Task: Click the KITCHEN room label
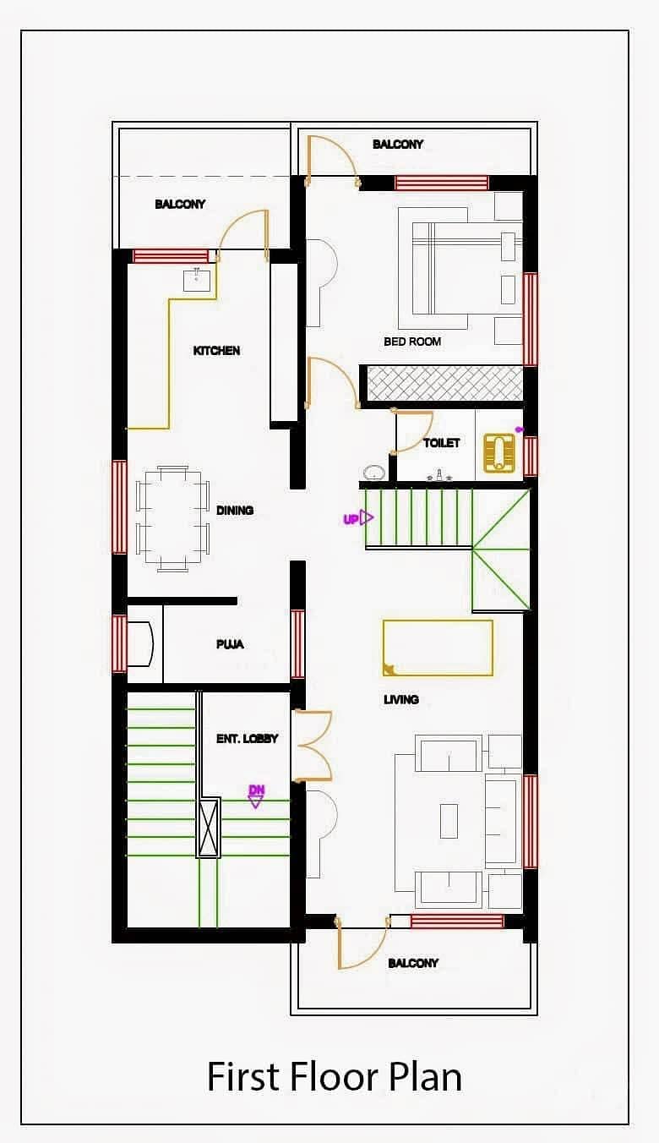pos(216,351)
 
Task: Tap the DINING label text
pos(235,511)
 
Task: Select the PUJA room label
pos(230,644)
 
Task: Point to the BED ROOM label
pos(412,342)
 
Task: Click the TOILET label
pos(442,443)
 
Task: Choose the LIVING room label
pos(401,699)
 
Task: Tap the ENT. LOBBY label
pos(247,738)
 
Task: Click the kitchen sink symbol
pos(196,279)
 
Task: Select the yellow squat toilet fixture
pos(498,452)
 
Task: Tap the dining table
pos(173,518)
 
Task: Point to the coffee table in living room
pos(449,821)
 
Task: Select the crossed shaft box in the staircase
pos(209,828)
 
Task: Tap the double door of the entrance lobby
pos(312,746)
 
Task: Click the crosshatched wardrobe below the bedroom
pos(444,383)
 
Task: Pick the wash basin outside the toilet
pos(375,473)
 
